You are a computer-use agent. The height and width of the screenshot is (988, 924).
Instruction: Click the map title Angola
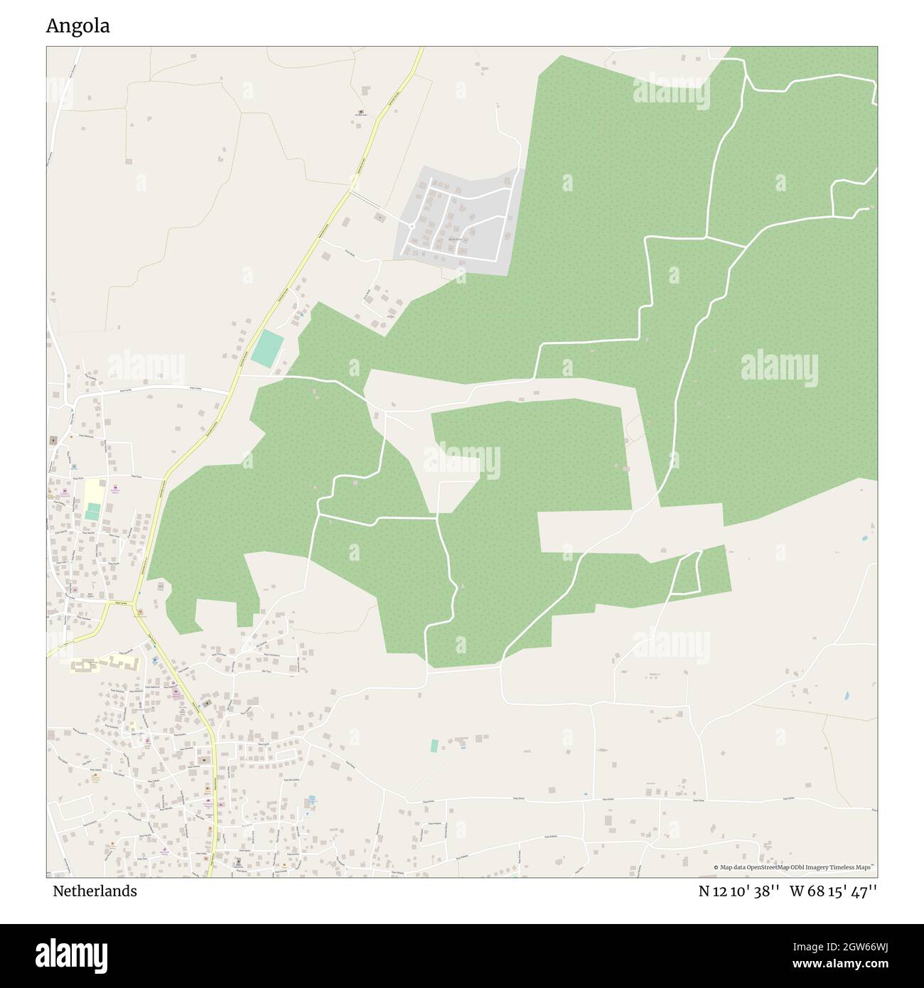coord(77,26)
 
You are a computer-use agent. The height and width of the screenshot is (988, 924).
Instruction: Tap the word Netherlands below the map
coord(95,891)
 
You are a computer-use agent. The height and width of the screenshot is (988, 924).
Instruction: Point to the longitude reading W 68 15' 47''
coord(833,891)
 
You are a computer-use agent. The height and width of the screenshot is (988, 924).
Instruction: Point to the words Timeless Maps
coord(854,867)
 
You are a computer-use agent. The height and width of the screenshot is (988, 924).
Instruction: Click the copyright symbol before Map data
coord(716,867)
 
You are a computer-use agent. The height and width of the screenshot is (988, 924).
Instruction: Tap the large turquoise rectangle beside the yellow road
coord(267,349)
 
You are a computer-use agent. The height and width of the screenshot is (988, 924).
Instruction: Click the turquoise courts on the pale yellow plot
coord(92,511)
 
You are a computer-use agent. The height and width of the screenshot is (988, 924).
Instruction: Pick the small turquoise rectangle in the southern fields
coord(434,746)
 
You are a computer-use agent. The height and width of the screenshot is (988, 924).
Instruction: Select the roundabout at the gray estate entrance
coord(412,226)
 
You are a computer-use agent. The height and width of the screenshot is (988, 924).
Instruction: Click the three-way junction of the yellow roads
coord(134,605)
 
